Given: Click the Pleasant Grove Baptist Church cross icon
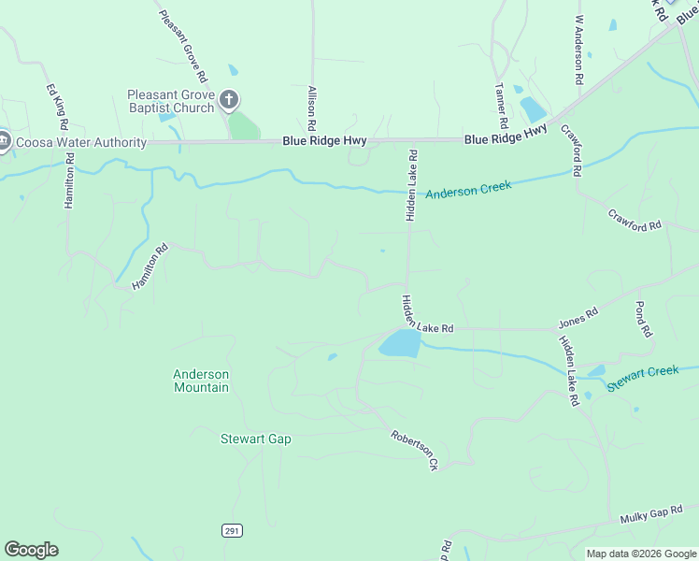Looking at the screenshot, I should [230, 99].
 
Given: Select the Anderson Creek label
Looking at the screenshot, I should [468, 190].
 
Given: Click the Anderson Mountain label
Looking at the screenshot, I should [201, 381].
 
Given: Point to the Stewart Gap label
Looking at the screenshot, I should [256, 439].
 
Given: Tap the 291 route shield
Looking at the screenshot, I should [232, 530].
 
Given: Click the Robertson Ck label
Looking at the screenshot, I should [415, 450].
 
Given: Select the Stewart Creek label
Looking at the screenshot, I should [642, 378].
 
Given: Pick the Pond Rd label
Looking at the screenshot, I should [641, 319].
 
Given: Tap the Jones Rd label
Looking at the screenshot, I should [578, 319].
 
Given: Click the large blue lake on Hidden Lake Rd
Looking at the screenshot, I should [399, 344].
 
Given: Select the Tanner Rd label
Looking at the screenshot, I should [502, 104].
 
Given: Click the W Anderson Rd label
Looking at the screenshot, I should [578, 50].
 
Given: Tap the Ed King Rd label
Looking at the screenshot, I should [57, 107].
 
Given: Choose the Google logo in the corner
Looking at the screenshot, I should [31, 550].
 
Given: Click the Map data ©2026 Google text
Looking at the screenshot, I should [641, 554].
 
